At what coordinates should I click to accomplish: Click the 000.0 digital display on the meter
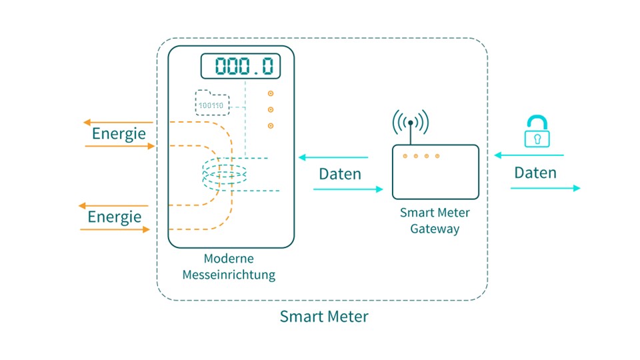pos(241,67)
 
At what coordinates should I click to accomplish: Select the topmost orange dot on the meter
pos(271,94)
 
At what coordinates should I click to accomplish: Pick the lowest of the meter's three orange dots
pos(271,125)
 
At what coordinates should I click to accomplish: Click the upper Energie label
pos(119,133)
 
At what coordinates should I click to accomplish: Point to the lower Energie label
pos(115,217)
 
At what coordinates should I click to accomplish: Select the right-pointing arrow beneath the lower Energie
pos(115,229)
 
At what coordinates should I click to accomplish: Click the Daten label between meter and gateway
pos(340,174)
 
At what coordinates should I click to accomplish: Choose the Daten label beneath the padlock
pos(535,173)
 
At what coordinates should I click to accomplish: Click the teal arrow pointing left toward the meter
pos(333,158)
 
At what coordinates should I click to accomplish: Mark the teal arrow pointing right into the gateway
pos(348,190)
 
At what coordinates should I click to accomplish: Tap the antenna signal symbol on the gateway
pos(411,123)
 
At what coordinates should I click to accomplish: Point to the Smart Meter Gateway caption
pos(435,221)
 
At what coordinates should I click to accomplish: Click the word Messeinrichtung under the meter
pos(229,274)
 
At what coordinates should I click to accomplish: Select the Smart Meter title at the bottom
pos(323,316)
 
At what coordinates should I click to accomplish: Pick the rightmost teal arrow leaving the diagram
pos(545,189)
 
